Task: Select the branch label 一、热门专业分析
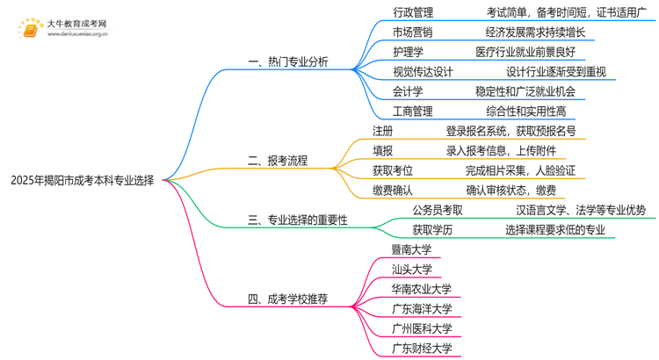point(288,62)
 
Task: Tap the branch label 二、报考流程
point(278,161)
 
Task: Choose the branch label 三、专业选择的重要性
point(298,220)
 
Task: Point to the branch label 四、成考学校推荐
point(288,299)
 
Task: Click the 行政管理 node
point(413,13)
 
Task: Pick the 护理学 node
point(408,52)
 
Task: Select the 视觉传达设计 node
point(423,72)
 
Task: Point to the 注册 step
point(382,131)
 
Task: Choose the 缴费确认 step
point(392,190)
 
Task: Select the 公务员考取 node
point(438,210)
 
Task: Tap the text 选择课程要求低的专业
point(555,230)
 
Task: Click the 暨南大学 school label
point(412,249)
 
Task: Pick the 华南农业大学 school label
point(422,289)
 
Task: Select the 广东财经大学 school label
point(422,349)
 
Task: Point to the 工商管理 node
point(413,112)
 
